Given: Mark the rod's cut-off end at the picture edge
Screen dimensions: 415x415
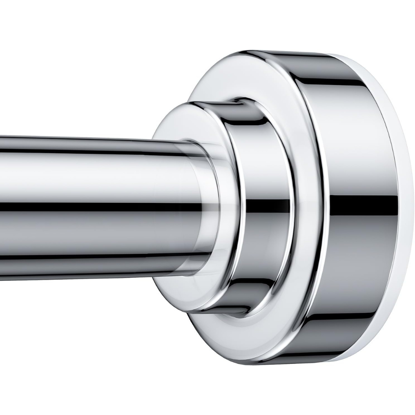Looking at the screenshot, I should click(x=2, y=207).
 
